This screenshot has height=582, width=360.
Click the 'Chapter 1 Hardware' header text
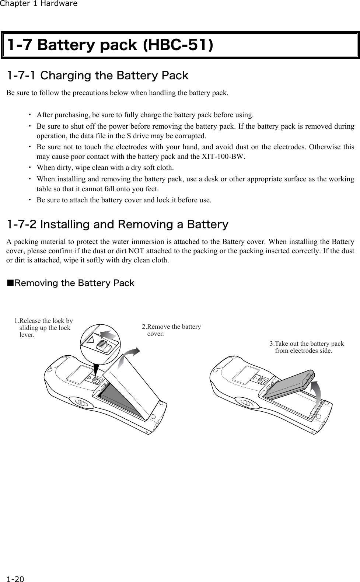[39, 4]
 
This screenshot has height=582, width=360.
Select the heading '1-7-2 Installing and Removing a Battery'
[118, 224]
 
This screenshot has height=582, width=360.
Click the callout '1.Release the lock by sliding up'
[43, 328]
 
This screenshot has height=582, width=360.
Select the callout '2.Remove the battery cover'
[171, 330]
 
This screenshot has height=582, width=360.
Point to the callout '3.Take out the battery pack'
[307, 347]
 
